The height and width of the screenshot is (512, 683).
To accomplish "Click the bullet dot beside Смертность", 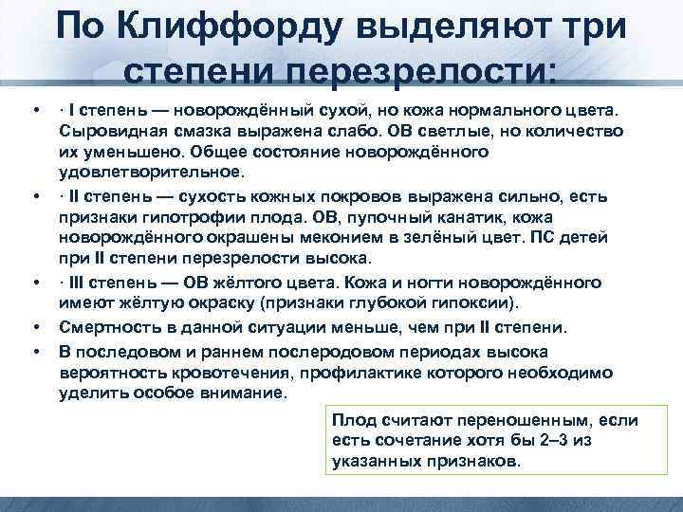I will pyautogui.click(x=35, y=328).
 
